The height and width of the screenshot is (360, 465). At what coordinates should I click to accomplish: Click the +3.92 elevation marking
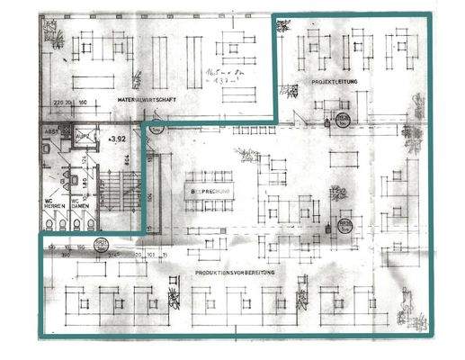click(x=116, y=139)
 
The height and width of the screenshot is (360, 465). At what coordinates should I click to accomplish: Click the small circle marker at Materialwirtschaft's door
click(x=155, y=128)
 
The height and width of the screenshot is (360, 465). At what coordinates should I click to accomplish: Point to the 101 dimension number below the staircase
click(x=152, y=255)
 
